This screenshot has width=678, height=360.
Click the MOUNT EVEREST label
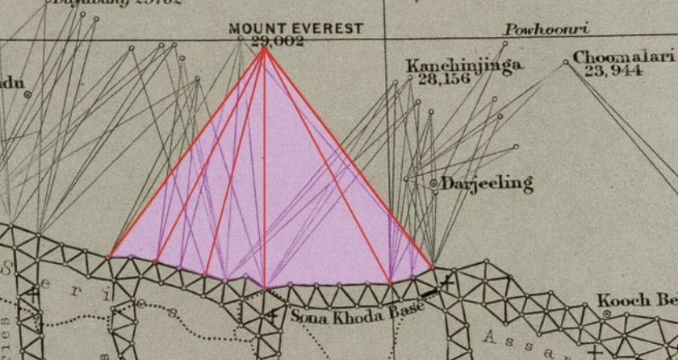coord(295,29)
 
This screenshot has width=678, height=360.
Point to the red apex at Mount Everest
coord(264,49)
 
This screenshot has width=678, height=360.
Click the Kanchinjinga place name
coord(464,65)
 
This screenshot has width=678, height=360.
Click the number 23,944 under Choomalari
coord(613,70)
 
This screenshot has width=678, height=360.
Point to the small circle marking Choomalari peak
coord(565,62)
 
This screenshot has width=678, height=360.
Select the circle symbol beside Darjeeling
coord(433,184)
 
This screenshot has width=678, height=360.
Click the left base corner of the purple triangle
coord(110,257)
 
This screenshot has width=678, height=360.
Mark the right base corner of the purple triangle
coord(433,265)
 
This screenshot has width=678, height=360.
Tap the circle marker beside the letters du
coord(27,94)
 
